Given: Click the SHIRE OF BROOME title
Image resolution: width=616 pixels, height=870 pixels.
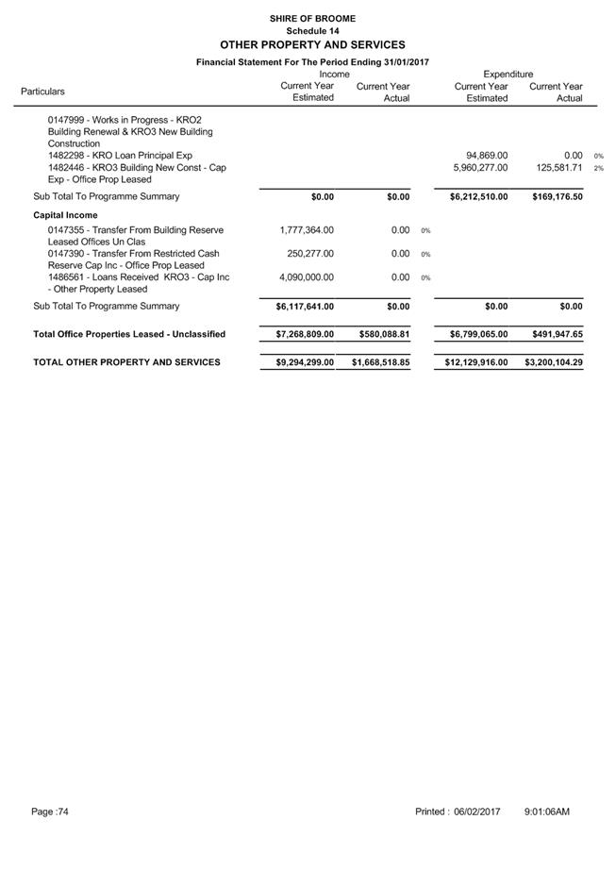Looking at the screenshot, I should [312, 18].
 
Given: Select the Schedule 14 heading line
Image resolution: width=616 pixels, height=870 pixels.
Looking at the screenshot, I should [312, 30].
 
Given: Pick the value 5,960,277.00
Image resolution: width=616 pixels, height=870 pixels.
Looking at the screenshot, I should [480, 168].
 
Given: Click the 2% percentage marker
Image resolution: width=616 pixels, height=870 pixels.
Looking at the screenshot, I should [598, 169].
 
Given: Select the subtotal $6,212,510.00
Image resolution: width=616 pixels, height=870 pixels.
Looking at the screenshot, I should [479, 197].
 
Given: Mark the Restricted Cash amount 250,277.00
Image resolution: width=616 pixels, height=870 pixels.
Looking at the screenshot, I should [310, 254].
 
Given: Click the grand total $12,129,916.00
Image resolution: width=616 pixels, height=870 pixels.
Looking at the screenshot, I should [476, 362].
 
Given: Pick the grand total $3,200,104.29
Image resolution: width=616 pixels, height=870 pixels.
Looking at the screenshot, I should [554, 362].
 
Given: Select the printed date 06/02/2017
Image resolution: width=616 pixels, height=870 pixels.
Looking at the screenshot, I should [476, 811].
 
